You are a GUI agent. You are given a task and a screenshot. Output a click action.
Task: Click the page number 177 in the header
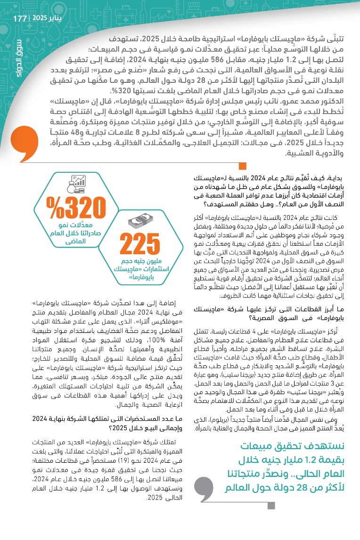(20, 18)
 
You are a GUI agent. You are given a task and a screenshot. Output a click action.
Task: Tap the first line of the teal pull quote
(299, 445)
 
